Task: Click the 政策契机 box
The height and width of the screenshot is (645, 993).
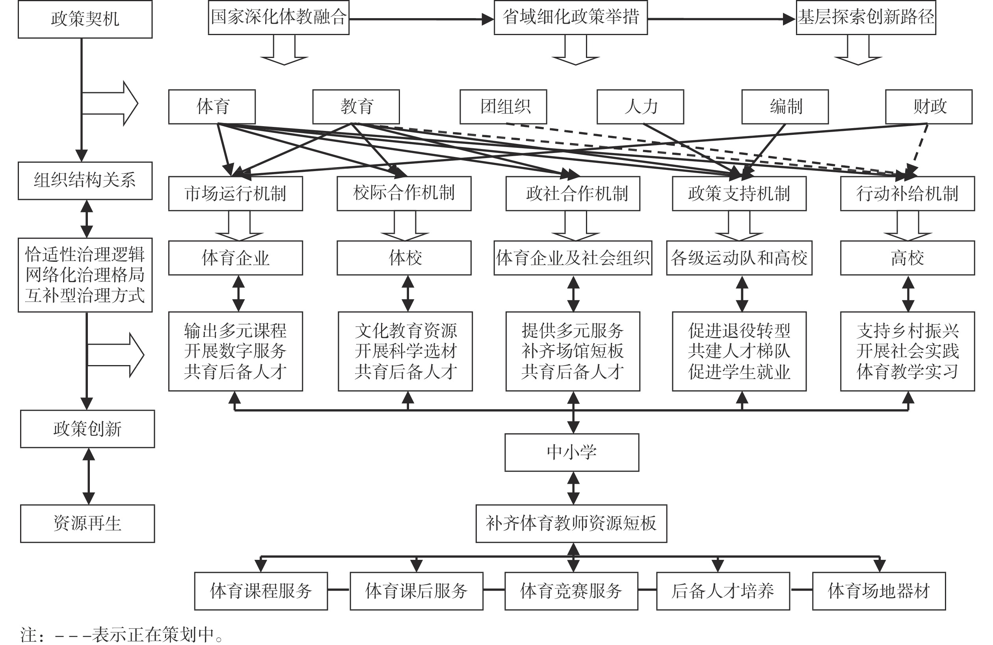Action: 85,19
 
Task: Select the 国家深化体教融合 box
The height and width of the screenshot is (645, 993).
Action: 279,17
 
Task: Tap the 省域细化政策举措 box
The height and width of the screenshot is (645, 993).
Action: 570,17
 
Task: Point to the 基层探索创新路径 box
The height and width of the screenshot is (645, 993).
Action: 866,17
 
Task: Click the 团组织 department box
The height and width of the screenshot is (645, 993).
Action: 503,106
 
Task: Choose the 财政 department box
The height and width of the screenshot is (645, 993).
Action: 929,106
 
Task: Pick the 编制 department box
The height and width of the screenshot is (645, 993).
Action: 785,106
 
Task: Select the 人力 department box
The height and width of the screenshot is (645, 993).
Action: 640,106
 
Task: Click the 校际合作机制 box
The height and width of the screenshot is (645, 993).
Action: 404,193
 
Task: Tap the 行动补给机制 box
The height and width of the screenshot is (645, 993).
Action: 907,193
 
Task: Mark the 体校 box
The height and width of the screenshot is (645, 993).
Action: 404,257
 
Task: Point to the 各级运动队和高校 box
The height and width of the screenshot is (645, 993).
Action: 739,257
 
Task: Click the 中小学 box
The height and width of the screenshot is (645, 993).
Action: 572,453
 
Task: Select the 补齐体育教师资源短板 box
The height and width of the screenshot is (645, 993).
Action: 571,524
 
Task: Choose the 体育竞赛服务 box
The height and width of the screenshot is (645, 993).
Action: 571,591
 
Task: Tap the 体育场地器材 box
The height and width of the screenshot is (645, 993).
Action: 879,591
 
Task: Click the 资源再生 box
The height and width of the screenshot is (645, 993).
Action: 87,524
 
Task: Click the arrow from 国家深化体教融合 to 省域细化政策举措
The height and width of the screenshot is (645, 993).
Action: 421,19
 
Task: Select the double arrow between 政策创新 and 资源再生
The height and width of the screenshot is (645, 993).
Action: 88,476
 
